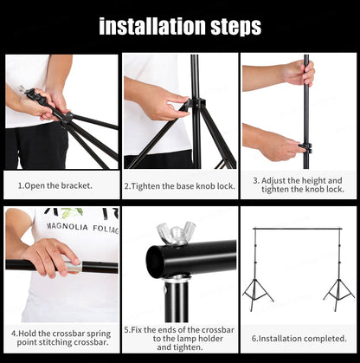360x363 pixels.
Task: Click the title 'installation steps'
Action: point(180,26)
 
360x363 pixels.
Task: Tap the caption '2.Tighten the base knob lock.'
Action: point(180,185)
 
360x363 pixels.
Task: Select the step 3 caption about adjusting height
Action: point(298,185)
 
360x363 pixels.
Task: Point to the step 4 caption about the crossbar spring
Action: point(61,336)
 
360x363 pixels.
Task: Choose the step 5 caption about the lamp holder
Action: point(179,336)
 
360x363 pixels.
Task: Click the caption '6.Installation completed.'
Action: point(298,337)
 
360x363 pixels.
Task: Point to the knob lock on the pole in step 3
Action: point(304,146)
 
